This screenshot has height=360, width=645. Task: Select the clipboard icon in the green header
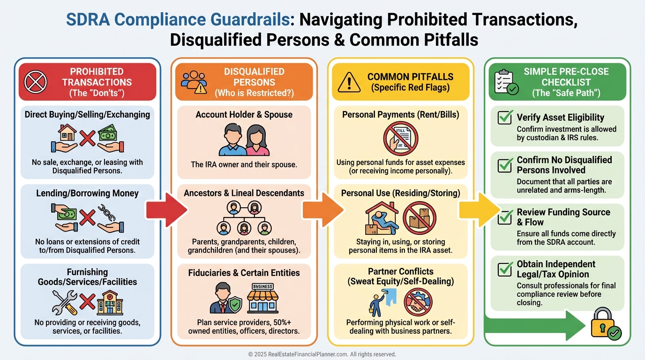click(506, 82)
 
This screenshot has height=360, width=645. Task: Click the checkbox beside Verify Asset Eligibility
click(505, 117)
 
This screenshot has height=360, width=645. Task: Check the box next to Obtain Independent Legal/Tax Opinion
click(505, 269)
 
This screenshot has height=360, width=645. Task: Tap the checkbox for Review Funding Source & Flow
click(505, 217)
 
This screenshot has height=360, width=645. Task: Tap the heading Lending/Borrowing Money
click(87, 193)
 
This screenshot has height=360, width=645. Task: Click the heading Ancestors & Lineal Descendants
click(244, 193)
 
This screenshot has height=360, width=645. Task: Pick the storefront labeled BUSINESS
click(263, 299)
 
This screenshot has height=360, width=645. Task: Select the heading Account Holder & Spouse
click(244, 114)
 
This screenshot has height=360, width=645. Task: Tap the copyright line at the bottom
click(322, 354)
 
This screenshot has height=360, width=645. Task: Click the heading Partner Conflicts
click(400, 271)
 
